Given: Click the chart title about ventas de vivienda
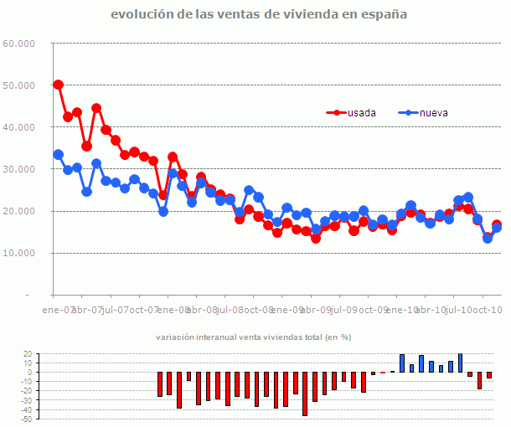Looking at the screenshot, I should [259, 14].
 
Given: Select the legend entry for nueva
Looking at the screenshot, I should [433, 112].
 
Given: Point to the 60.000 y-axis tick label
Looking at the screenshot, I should [18, 44].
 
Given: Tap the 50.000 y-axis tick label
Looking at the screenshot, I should [18, 85].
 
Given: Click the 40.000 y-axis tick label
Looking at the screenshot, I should [18, 127].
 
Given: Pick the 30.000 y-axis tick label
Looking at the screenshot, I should [18, 169].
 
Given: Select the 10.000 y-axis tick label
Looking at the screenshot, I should [18, 253].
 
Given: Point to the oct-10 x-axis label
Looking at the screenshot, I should [485, 310].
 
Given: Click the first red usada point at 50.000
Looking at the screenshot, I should [58, 85].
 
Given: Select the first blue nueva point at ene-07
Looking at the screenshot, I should [58, 154].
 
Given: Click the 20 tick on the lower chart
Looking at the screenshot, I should [26, 354].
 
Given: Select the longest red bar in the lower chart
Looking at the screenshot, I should [305, 394].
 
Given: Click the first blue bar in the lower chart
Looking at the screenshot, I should [402, 363].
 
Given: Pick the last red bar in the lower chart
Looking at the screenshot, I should [489, 375].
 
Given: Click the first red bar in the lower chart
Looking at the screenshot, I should [160, 384].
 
